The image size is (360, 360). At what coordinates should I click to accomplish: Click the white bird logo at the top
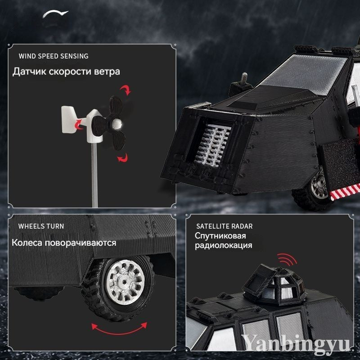[x=55, y=14]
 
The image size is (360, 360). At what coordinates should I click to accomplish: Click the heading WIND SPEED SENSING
[x=54, y=56]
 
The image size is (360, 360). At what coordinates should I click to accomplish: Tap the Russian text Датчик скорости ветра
[x=66, y=72]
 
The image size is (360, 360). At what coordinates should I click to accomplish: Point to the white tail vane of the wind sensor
[x=68, y=119]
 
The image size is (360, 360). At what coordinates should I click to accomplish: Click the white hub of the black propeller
[x=117, y=124]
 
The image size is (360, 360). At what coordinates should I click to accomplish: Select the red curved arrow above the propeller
[x=126, y=90]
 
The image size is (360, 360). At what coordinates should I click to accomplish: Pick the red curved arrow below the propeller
[x=123, y=158]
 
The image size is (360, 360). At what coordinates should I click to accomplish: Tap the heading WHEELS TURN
[x=41, y=226]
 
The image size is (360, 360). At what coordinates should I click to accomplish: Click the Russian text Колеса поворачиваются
[x=64, y=243]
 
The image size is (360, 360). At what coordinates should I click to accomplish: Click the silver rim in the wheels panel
[x=126, y=282]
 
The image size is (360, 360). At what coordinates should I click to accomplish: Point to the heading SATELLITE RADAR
[x=224, y=226]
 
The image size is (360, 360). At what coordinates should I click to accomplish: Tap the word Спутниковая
[x=220, y=236]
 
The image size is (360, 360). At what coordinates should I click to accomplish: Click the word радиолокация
[x=223, y=245]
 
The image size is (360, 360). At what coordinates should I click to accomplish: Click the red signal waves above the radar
[x=287, y=260]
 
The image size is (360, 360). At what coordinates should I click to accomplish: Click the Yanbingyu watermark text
[x=296, y=343]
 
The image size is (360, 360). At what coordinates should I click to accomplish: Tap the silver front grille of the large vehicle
[x=213, y=144]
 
